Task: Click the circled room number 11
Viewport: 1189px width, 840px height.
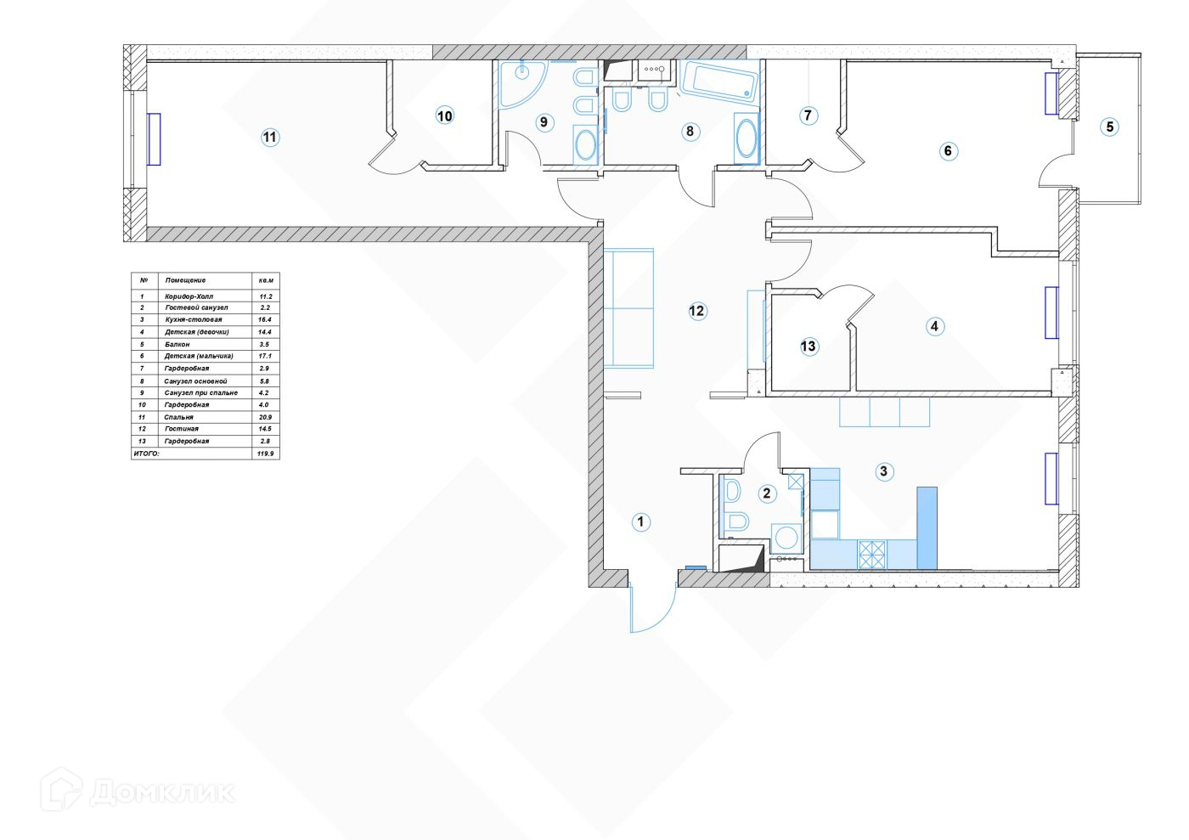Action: [270, 138]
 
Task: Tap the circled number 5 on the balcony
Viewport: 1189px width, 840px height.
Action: [1108, 127]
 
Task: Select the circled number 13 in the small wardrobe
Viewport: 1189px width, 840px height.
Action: [809, 346]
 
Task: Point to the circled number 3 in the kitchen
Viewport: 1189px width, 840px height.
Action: [884, 471]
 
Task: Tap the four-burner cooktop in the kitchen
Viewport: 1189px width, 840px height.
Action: [872, 555]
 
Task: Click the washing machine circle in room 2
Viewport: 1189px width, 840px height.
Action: [787, 538]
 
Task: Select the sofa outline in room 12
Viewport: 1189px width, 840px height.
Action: [628, 308]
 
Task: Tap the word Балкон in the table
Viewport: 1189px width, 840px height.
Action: [178, 344]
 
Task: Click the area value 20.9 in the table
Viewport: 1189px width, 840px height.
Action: [265, 417]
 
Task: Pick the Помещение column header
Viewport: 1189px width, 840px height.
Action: [185, 280]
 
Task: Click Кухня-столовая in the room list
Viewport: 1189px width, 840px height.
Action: [193, 319]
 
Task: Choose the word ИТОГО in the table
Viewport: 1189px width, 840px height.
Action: [146, 454]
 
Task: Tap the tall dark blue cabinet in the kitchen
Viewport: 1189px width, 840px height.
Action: [927, 527]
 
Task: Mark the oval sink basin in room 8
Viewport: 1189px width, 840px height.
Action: [746, 138]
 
